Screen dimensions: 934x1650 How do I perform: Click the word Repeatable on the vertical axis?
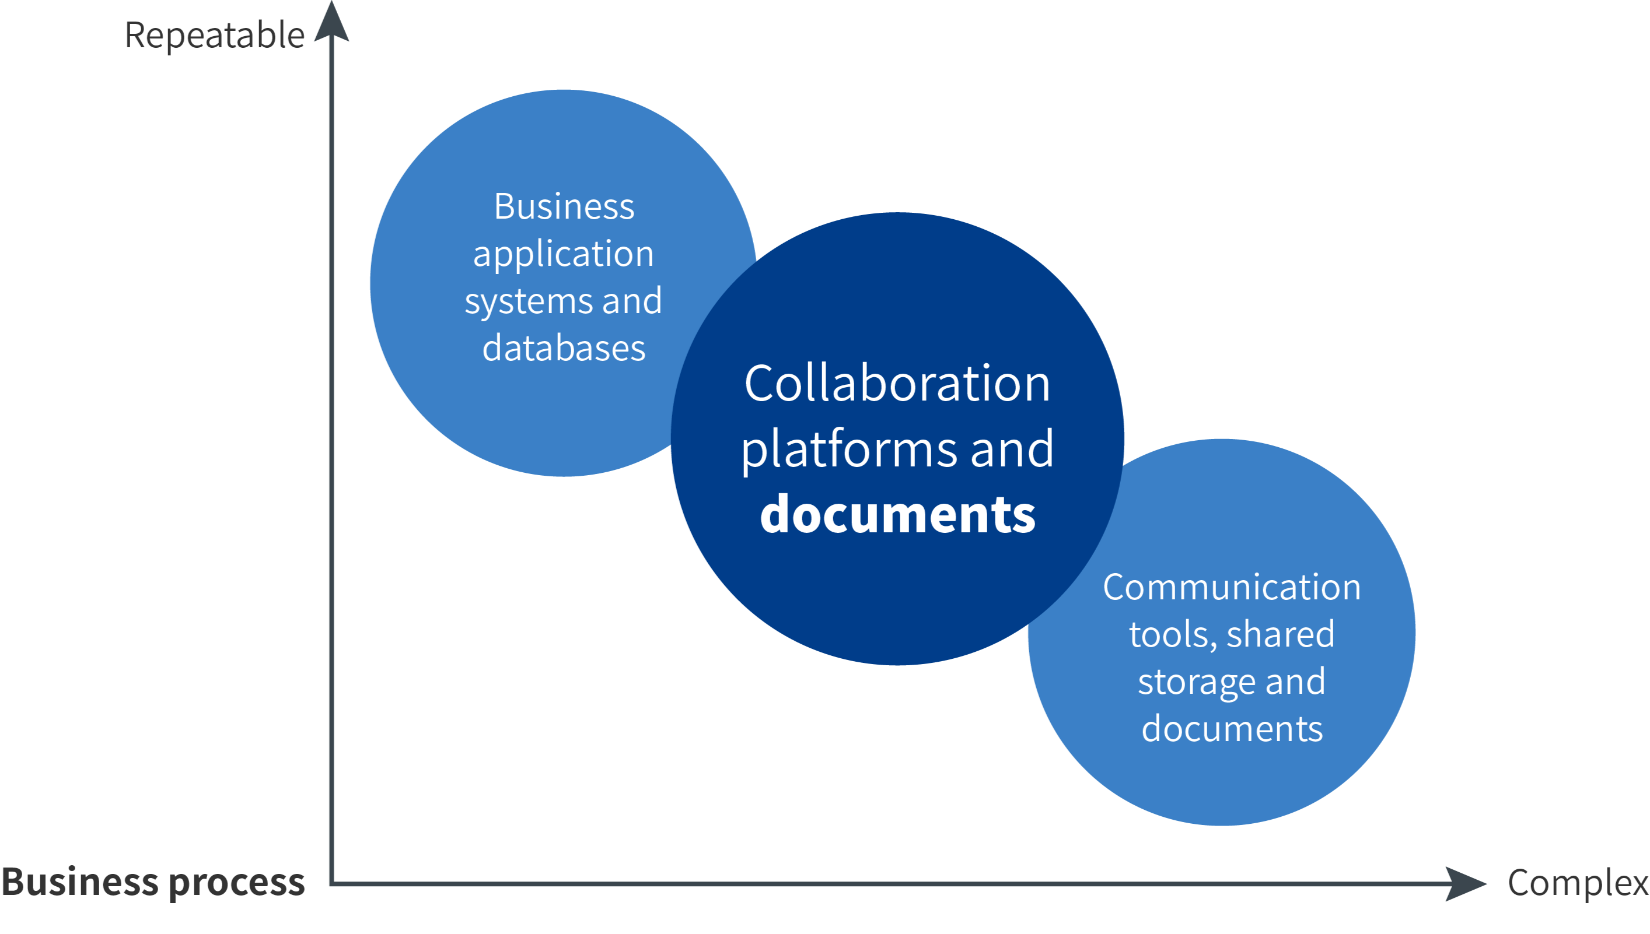(x=214, y=36)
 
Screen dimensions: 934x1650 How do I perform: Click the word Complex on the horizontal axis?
(x=1578, y=883)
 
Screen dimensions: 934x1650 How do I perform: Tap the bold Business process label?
(x=153, y=882)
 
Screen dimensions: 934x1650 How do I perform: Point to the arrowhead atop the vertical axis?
(x=331, y=23)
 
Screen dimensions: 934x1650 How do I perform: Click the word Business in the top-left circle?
(x=564, y=206)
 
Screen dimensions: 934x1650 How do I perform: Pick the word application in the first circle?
(x=564, y=255)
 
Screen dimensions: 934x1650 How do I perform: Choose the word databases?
(x=564, y=348)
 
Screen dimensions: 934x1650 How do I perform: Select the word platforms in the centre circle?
(x=850, y=449)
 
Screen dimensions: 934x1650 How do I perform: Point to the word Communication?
(x=1232, y=587)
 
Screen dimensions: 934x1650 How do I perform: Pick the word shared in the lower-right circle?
(x=1280, y=634)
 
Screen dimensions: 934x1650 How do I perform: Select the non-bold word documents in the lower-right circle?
(x=1232, y=729)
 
